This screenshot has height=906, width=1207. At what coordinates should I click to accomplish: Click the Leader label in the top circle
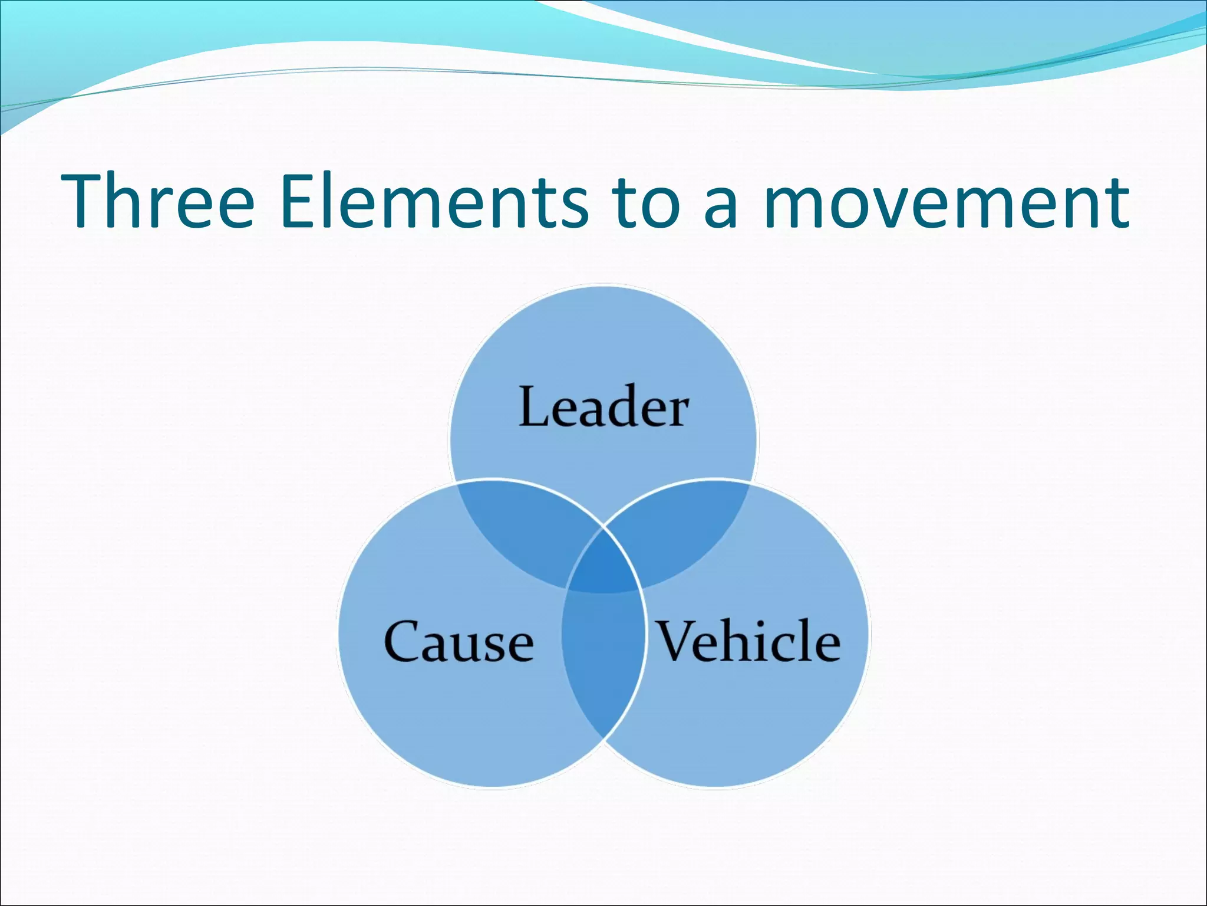tap(603, 407)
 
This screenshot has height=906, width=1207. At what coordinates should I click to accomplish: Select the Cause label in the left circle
tap(459, 642)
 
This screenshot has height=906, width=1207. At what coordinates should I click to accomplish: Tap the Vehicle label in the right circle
tap(748, 642)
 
